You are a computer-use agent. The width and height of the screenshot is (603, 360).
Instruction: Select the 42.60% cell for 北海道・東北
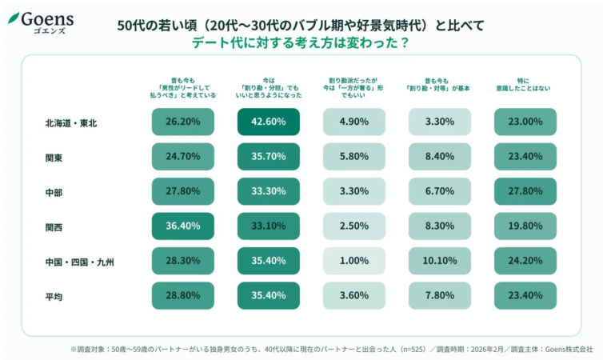269,122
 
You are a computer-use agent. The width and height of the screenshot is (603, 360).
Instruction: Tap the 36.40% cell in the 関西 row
183,226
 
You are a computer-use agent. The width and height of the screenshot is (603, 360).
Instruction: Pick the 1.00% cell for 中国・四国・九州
354,261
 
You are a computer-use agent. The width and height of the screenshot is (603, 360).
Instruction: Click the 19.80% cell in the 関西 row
525,226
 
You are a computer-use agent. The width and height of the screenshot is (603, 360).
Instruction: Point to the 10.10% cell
440,261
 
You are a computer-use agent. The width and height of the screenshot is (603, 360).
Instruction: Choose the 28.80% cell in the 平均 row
183,296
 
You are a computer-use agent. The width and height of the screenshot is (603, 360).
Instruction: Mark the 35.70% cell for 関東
269,157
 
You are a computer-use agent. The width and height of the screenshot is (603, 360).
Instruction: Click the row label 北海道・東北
71,122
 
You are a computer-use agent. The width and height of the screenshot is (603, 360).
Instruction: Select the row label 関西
54,227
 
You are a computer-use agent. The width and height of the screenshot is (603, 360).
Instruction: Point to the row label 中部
54,192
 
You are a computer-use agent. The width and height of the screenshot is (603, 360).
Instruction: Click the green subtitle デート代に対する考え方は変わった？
301,43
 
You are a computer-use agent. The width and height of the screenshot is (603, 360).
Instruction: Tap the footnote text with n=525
331,349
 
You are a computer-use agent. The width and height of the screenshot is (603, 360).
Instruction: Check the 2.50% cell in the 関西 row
354,226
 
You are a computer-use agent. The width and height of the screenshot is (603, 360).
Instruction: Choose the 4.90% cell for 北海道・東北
354,122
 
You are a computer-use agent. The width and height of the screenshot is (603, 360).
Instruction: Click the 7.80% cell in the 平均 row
440,296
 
